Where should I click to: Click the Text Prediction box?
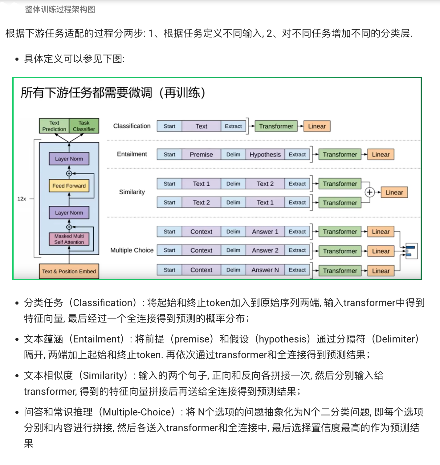pos(54,126)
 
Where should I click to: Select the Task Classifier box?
pos(84,126)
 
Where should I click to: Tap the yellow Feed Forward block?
pos(69,186)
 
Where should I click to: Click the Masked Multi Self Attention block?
pos(69,239)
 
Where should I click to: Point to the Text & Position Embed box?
pos(69,271)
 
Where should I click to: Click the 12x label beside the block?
pos(22,199)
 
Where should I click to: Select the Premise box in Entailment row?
pos(201,154)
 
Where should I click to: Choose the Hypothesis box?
pos(265,154)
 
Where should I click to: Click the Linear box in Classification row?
pos(317,126)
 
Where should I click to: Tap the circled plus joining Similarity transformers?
pos(369,192)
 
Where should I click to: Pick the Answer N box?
pos(265,270)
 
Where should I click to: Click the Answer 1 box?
pos(265,232)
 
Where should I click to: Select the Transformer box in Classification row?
pos(276,126)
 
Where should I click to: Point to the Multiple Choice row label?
pos(132,250)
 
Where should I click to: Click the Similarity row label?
pos(132,192)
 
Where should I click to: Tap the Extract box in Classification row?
pos(233,126)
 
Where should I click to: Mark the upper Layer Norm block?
pos(69,159)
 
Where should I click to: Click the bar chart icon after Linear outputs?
pos(411,251)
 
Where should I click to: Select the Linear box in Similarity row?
pos(394,192)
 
